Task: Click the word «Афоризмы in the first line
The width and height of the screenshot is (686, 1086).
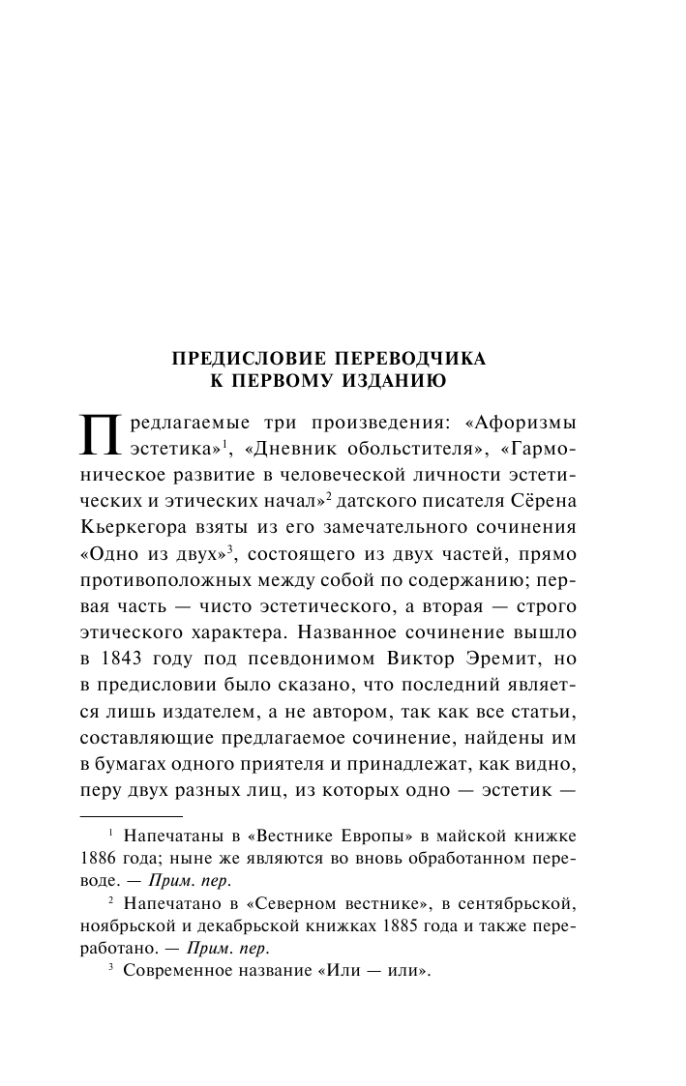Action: pyautogui.click(x=522, y=426)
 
